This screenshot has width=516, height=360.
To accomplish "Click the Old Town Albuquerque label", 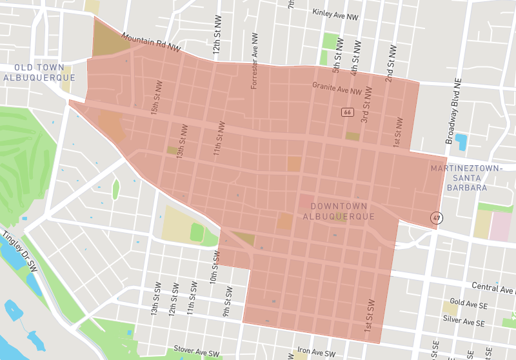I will (x=39, y=72).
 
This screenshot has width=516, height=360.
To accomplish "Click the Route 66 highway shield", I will (x=348, y=112).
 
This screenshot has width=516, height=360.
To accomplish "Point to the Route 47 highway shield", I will (x=437, y=218).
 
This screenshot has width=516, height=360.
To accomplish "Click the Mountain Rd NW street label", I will (x=150, y=44).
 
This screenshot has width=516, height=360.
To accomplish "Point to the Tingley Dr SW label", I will (x=19, y=251).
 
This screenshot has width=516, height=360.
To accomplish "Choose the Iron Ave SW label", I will (x=316, y=354).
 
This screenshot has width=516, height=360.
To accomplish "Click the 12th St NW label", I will (x=217, y=41).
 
